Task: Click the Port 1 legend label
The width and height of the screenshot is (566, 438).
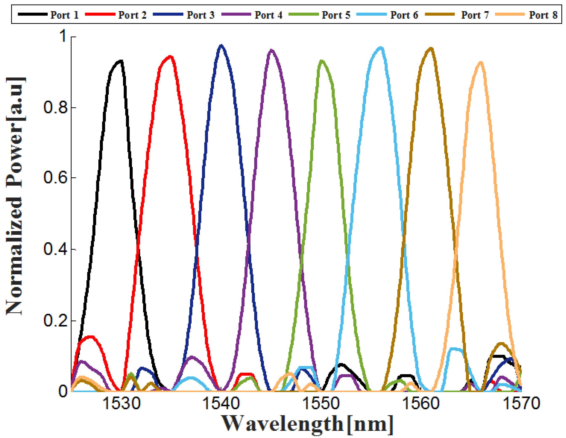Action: [64, 15]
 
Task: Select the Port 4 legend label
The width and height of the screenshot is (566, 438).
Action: [268, 15]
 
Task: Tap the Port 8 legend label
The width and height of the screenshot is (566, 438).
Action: [543, 15]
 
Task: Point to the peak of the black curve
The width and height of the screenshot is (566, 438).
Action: [121, 61]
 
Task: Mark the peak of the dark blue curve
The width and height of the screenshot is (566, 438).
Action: [221, 46]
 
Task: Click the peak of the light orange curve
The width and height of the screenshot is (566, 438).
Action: [481, 62]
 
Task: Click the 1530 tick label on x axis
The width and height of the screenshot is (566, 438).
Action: [121, 403]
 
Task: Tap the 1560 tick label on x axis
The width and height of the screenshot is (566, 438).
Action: [421, 403]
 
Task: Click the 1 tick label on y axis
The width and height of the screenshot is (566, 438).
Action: [63, 36]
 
